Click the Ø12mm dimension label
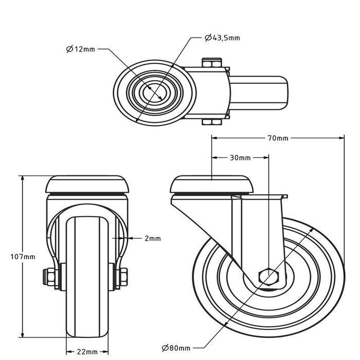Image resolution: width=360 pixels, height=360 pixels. [x=81, y=49]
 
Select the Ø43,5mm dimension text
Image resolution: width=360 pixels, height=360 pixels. [x=222, y=37]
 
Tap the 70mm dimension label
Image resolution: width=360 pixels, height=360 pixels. [x=278, y=138]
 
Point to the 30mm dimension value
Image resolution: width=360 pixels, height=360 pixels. [x=240, y=157]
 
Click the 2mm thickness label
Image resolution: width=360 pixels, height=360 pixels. [x=153, y=238]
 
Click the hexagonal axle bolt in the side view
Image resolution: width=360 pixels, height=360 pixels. [x=268, y=277]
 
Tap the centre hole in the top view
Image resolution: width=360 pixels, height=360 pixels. [x=155, y=93]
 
